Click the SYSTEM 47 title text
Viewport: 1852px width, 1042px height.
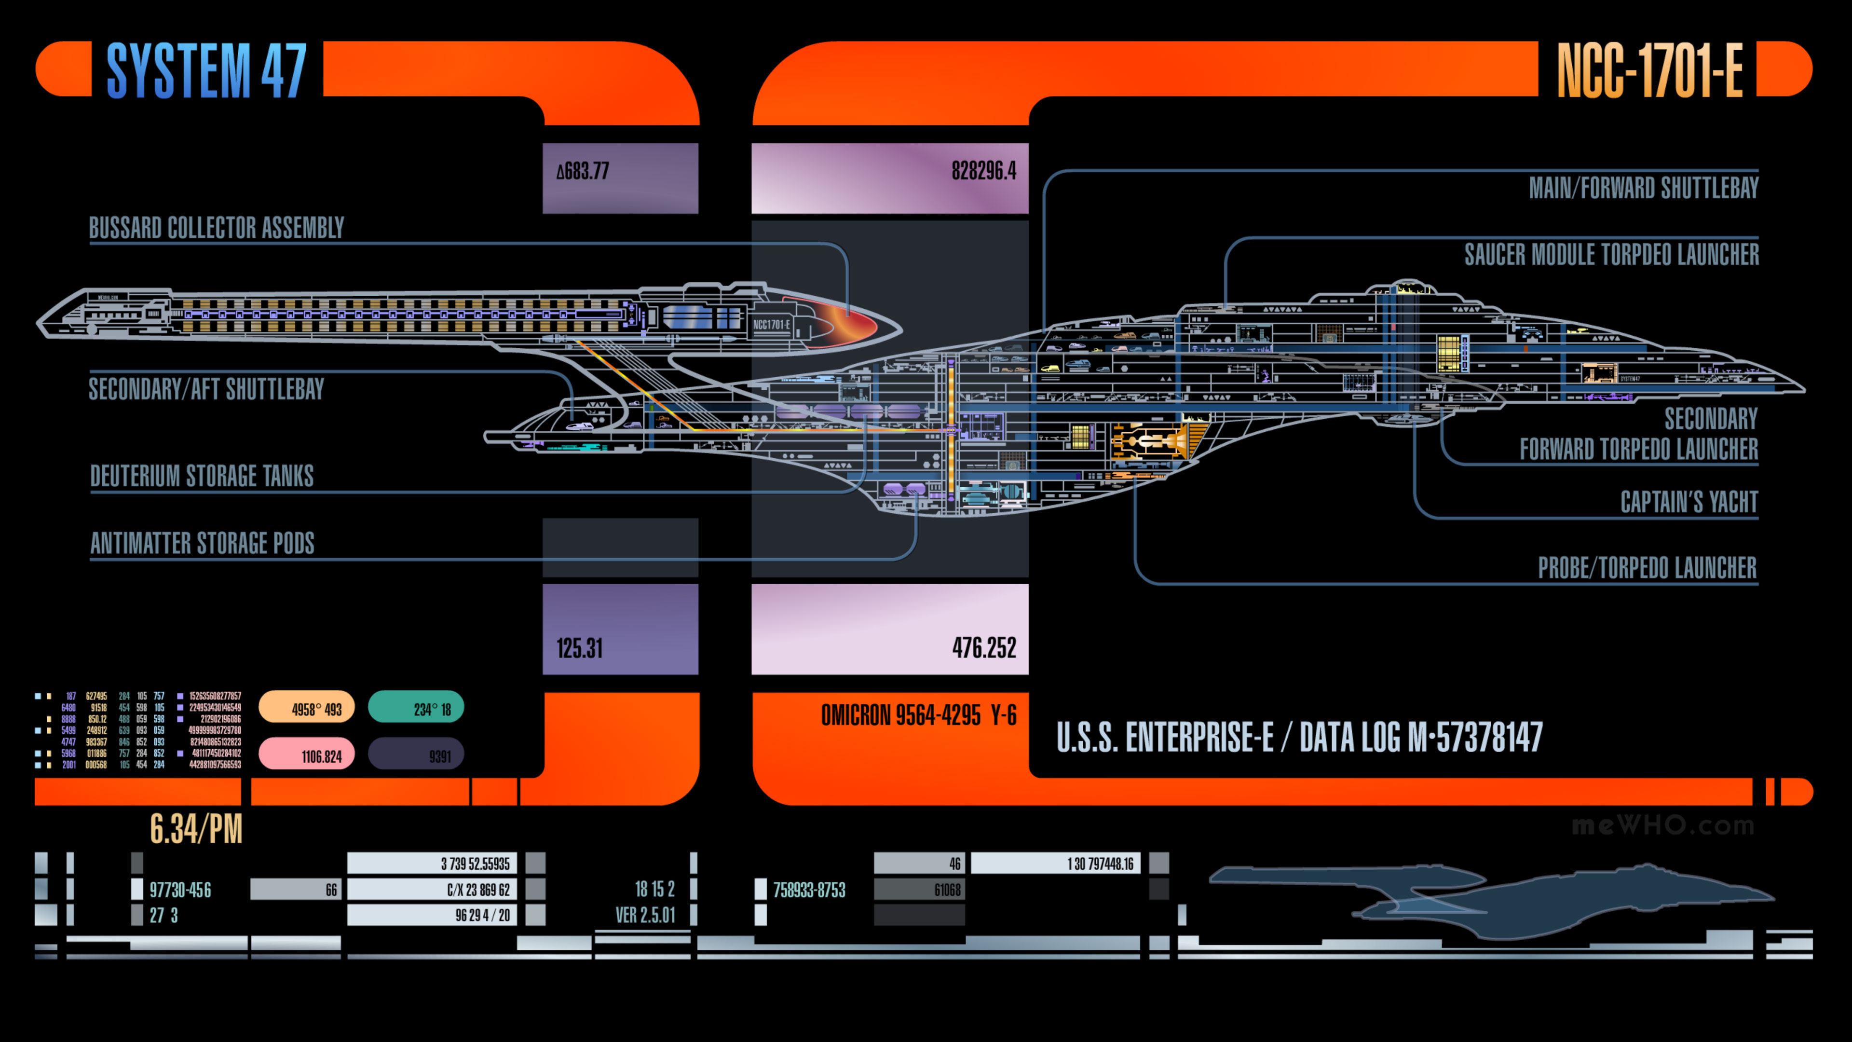[206, 70]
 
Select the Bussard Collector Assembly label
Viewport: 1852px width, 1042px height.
[217, 228]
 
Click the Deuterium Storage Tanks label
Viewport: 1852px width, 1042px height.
[202, 476]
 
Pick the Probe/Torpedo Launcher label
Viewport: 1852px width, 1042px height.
[1647, 568]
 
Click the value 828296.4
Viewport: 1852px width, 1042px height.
[983, 171]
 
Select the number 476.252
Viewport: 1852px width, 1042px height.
[983, 648]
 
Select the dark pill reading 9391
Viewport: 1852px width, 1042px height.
[416, 755]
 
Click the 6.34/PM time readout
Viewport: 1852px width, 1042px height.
[195, 829]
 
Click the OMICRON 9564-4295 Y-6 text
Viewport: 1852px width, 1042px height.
[918, 715]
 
